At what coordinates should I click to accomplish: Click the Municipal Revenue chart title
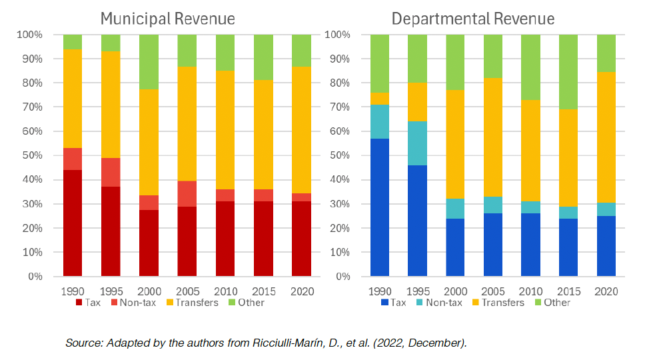[167, 18]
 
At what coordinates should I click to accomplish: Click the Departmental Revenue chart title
[473, 18]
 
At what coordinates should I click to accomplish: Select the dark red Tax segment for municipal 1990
[73, 223]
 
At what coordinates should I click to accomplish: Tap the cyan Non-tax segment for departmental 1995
[417, 143]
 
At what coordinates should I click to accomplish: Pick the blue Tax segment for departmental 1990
[380, 207]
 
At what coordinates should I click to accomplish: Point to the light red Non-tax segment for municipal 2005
[187, 193]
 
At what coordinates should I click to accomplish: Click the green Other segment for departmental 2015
[568, 71]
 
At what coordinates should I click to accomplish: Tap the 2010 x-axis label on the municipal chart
[225, 291]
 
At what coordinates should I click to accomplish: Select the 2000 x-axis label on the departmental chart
[455, 291]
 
